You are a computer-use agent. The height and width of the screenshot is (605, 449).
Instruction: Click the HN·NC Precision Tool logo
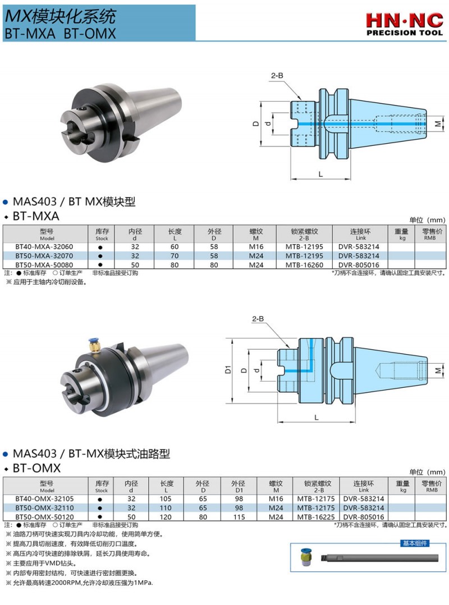[404, 24]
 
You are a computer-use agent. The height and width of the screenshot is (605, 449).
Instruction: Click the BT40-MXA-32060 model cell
[44, 247]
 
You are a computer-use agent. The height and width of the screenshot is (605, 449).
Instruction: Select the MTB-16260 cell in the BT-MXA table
[304, 265]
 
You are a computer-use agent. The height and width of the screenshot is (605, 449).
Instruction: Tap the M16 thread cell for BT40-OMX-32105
[276, 499]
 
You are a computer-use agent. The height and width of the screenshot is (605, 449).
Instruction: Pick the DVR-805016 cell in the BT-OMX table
[363, 517]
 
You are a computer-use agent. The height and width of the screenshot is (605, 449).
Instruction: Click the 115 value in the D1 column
[239, 517]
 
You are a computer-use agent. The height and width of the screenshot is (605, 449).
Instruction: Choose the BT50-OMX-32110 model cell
[44, 508]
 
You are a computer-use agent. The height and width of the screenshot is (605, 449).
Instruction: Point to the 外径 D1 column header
[239, 487]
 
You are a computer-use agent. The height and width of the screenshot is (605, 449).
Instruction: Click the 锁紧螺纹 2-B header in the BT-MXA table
[304, 234]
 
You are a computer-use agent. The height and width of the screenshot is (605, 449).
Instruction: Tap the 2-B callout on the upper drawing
[277, 76]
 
